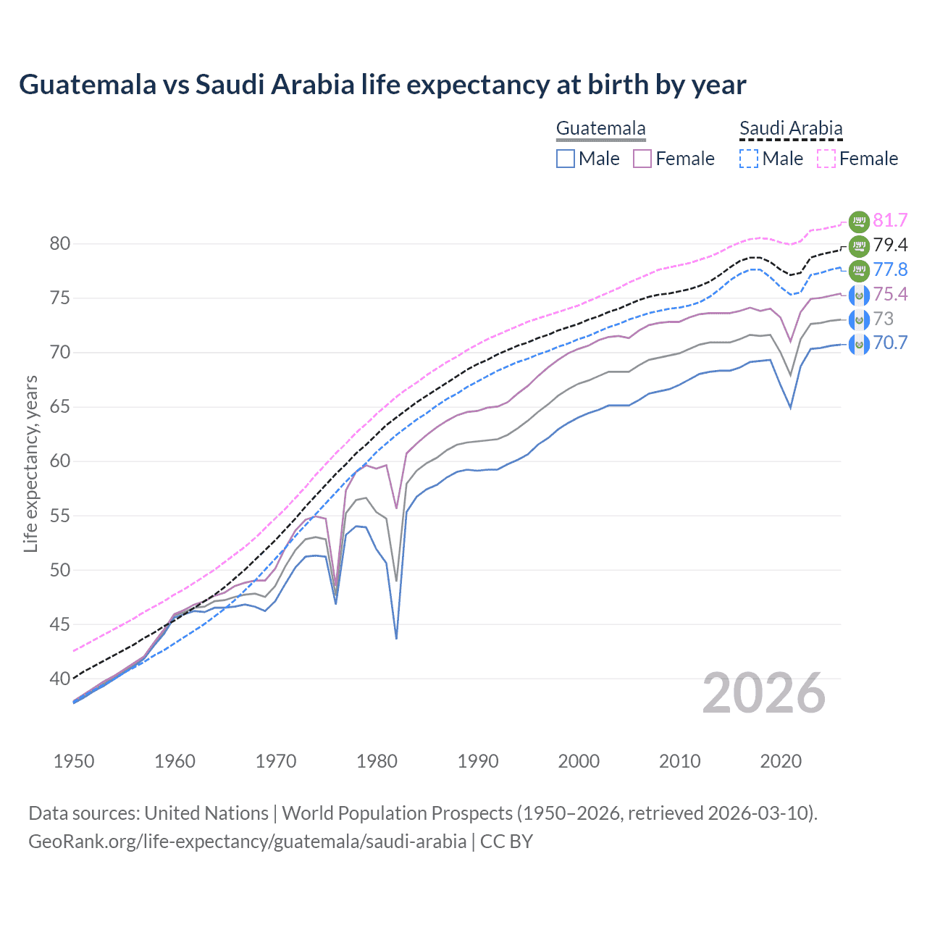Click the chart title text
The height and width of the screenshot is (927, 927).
[x=382, y=85]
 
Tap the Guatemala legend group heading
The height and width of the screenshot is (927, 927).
[x=600, y=129]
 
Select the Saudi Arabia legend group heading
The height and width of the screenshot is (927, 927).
[x=791, y=129]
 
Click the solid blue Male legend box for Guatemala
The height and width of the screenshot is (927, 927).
[x=566, y=159]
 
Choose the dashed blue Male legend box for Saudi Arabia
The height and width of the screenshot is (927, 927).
[x=749, y=159]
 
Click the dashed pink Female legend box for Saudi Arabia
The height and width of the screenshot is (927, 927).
[x=826, y=159]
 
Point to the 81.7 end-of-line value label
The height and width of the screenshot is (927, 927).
[x=890, y=220]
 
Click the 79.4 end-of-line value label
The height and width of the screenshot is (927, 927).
[x=890, y=245]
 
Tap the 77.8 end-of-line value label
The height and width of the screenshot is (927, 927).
[x=890, y=269]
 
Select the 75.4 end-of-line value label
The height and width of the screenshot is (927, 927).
[x=890, y=294]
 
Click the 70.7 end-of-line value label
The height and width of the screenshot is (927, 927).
[x=890, y=343]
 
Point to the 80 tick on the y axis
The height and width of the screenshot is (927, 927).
[x=60, y=244]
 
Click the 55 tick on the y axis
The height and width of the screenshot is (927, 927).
[x=60, y=516]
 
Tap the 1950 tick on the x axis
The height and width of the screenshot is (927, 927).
[x=74, y=761]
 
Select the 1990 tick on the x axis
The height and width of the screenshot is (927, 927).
[x=478, y=761]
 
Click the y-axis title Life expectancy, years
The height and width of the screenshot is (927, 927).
[x=30, y=463]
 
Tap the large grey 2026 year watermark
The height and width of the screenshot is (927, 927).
[x=764, y=694]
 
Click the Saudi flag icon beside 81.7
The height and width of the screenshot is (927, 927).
[x=859, y=221]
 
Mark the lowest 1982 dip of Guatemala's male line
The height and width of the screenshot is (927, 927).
[x=396, y=638]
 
